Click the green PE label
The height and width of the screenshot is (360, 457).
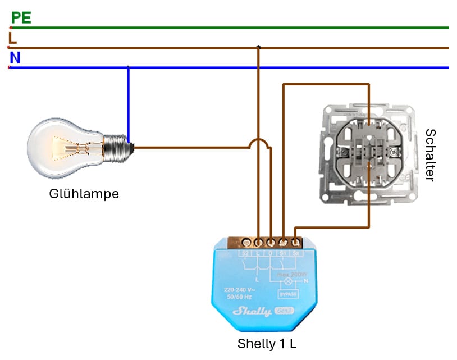(x=21, y=18)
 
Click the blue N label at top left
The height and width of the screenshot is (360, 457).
(x=15, y=58)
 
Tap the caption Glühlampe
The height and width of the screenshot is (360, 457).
(x=84, y=194)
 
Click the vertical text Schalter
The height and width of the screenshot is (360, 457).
(x=430, y=155)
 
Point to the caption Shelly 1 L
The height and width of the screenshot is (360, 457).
(x=267, y=344)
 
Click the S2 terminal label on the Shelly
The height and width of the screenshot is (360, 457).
(x=245, y=253)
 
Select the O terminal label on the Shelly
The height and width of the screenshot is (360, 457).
(x=271, y=253)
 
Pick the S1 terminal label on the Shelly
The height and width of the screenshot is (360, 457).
(x=284, y=253)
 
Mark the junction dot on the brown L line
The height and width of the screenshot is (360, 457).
(x=258, y=47)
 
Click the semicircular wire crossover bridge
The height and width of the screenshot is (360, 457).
(x=258, y=143)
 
